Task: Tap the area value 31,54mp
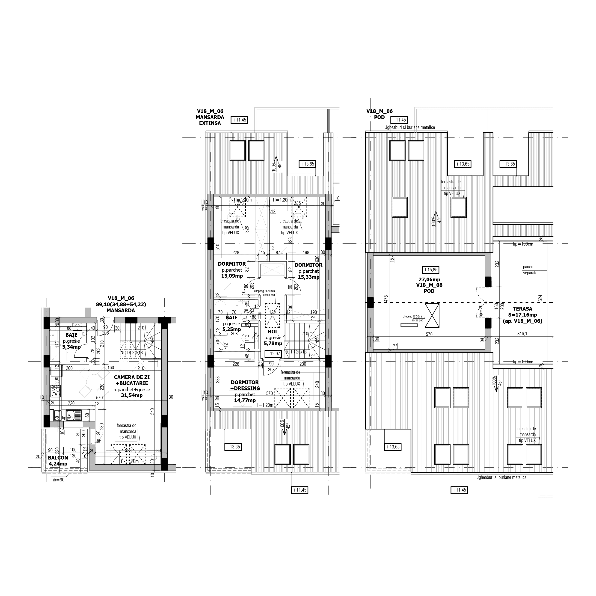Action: click(x=132, y=395)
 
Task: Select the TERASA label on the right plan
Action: click(x=522, y=309)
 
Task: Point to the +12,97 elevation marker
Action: click(x=273, y=354)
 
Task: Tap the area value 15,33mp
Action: click(x=308, y=277)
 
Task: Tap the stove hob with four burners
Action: click(x=56, y=391)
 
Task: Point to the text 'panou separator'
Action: click(x=531, y=270)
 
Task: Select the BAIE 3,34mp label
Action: click(x=71, y=341)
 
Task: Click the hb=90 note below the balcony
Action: click(x=58, y=480)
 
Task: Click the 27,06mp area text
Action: click(x=429, y=279)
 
